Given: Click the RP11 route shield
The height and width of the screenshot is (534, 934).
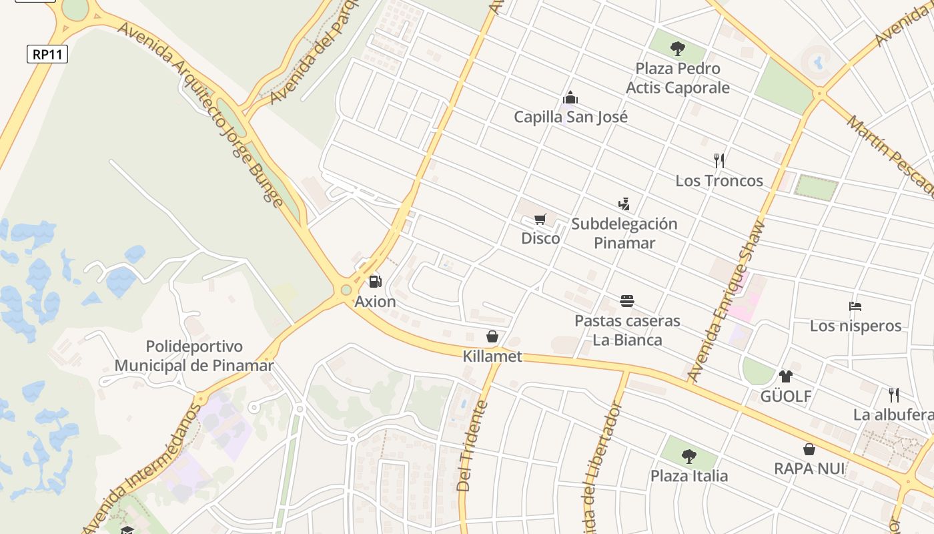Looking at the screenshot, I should pos(47,54).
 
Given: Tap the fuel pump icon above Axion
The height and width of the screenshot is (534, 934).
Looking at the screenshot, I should pos(376,281).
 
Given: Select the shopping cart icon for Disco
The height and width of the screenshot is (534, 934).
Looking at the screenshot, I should pos(540,219).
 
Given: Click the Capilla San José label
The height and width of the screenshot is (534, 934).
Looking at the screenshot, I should pos(570,117).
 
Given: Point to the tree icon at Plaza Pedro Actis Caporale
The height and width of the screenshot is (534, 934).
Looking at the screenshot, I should pos(678,48).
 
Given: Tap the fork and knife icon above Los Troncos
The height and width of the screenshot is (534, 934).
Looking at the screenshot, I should pos(719,160).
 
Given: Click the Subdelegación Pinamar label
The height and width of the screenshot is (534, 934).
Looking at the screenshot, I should pos(624,233).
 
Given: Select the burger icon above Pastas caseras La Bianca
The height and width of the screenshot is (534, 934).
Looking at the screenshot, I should pos(626,301).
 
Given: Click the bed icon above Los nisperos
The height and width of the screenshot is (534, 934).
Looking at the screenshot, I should pos(855,306).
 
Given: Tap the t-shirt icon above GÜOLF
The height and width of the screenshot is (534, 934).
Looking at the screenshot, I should pos(785,376).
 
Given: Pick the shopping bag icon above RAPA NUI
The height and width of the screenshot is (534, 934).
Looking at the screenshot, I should pos(809,449).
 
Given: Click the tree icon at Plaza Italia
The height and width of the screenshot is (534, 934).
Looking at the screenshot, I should pos(689,457).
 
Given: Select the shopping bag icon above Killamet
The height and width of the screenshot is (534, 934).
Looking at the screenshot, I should pos(492,336).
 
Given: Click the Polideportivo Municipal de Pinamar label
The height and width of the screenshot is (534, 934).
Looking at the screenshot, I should pos(194,356).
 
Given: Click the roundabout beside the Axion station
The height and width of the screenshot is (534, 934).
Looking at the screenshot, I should pos(346,290).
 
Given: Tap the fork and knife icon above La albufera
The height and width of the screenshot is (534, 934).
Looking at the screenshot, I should pos(893,394).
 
